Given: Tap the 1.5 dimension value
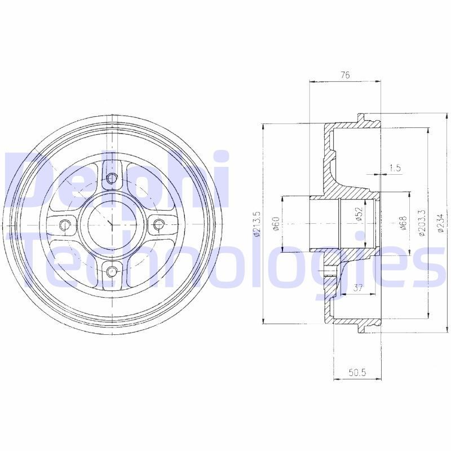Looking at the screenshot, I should tap(395, 167).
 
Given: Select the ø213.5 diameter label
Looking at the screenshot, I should tap(257, 224).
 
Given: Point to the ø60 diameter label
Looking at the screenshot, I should tap(276, 224).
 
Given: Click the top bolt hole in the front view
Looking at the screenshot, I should tap(112, 179).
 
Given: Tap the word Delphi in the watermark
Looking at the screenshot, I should tap(118, 180).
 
